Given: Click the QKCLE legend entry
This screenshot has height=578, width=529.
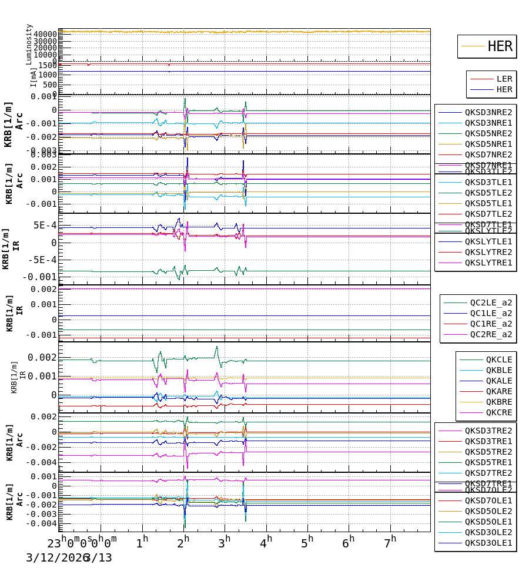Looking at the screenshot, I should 498,359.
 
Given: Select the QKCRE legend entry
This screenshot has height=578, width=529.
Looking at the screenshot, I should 498,412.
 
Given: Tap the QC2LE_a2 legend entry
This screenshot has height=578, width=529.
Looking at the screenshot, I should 491,303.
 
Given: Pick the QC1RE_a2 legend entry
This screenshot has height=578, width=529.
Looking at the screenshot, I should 491,324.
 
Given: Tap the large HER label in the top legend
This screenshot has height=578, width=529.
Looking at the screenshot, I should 500,46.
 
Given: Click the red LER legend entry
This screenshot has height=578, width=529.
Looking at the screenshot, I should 504,79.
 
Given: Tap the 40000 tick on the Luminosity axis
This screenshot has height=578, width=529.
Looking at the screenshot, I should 45,35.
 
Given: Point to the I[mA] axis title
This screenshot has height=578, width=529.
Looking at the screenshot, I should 34,77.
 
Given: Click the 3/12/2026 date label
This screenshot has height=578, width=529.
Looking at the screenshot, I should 56,557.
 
